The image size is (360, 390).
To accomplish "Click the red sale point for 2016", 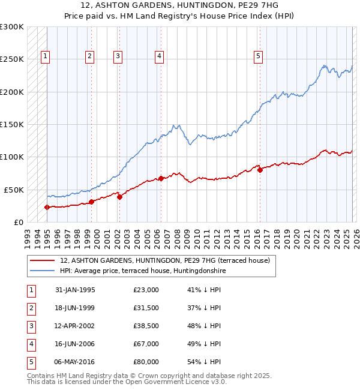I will [260, 170].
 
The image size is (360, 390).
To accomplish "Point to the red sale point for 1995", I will [47, 207].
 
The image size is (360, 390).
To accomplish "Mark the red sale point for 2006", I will [161, 178].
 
